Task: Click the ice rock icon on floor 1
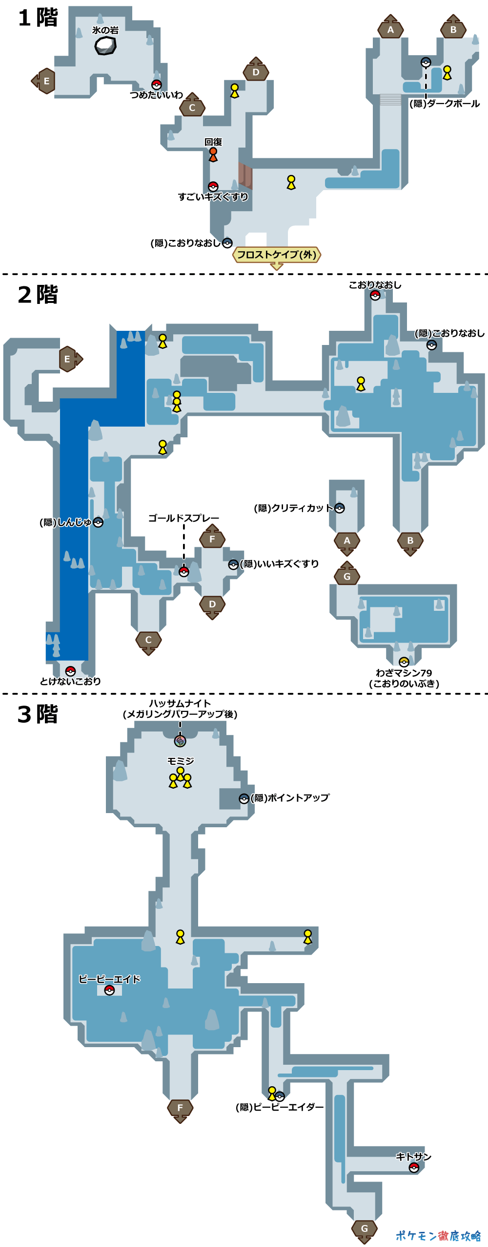click(x=105, y=46)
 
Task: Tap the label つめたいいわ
click(x=156, y=95)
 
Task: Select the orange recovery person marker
click(x=213, y=154)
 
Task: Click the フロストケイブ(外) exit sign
click(x=277, y=255)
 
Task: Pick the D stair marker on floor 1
click(x=256, y=71)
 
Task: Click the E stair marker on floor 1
click(x=45, y=81)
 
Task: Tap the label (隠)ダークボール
click(x=445, y=104)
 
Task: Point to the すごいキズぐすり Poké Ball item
click(x=213, y=187)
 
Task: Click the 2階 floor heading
click(x=38, y=295)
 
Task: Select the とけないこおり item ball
click(x=70, y=670)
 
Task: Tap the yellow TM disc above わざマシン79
click(x=404, y=662)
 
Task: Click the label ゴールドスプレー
click(x=183, y=518)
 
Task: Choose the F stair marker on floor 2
click(x=212, y=538)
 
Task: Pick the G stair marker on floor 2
click(x=347, y=576)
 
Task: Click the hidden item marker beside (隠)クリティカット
click(x=340, y=508)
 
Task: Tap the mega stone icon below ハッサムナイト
click(x=180, y=741)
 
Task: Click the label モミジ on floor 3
click(x=181, y=761)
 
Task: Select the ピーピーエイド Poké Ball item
click(x=109, y=990)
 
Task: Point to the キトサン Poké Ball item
click(x=414, y=1167)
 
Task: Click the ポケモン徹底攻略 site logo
click(x=438, y=1236)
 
